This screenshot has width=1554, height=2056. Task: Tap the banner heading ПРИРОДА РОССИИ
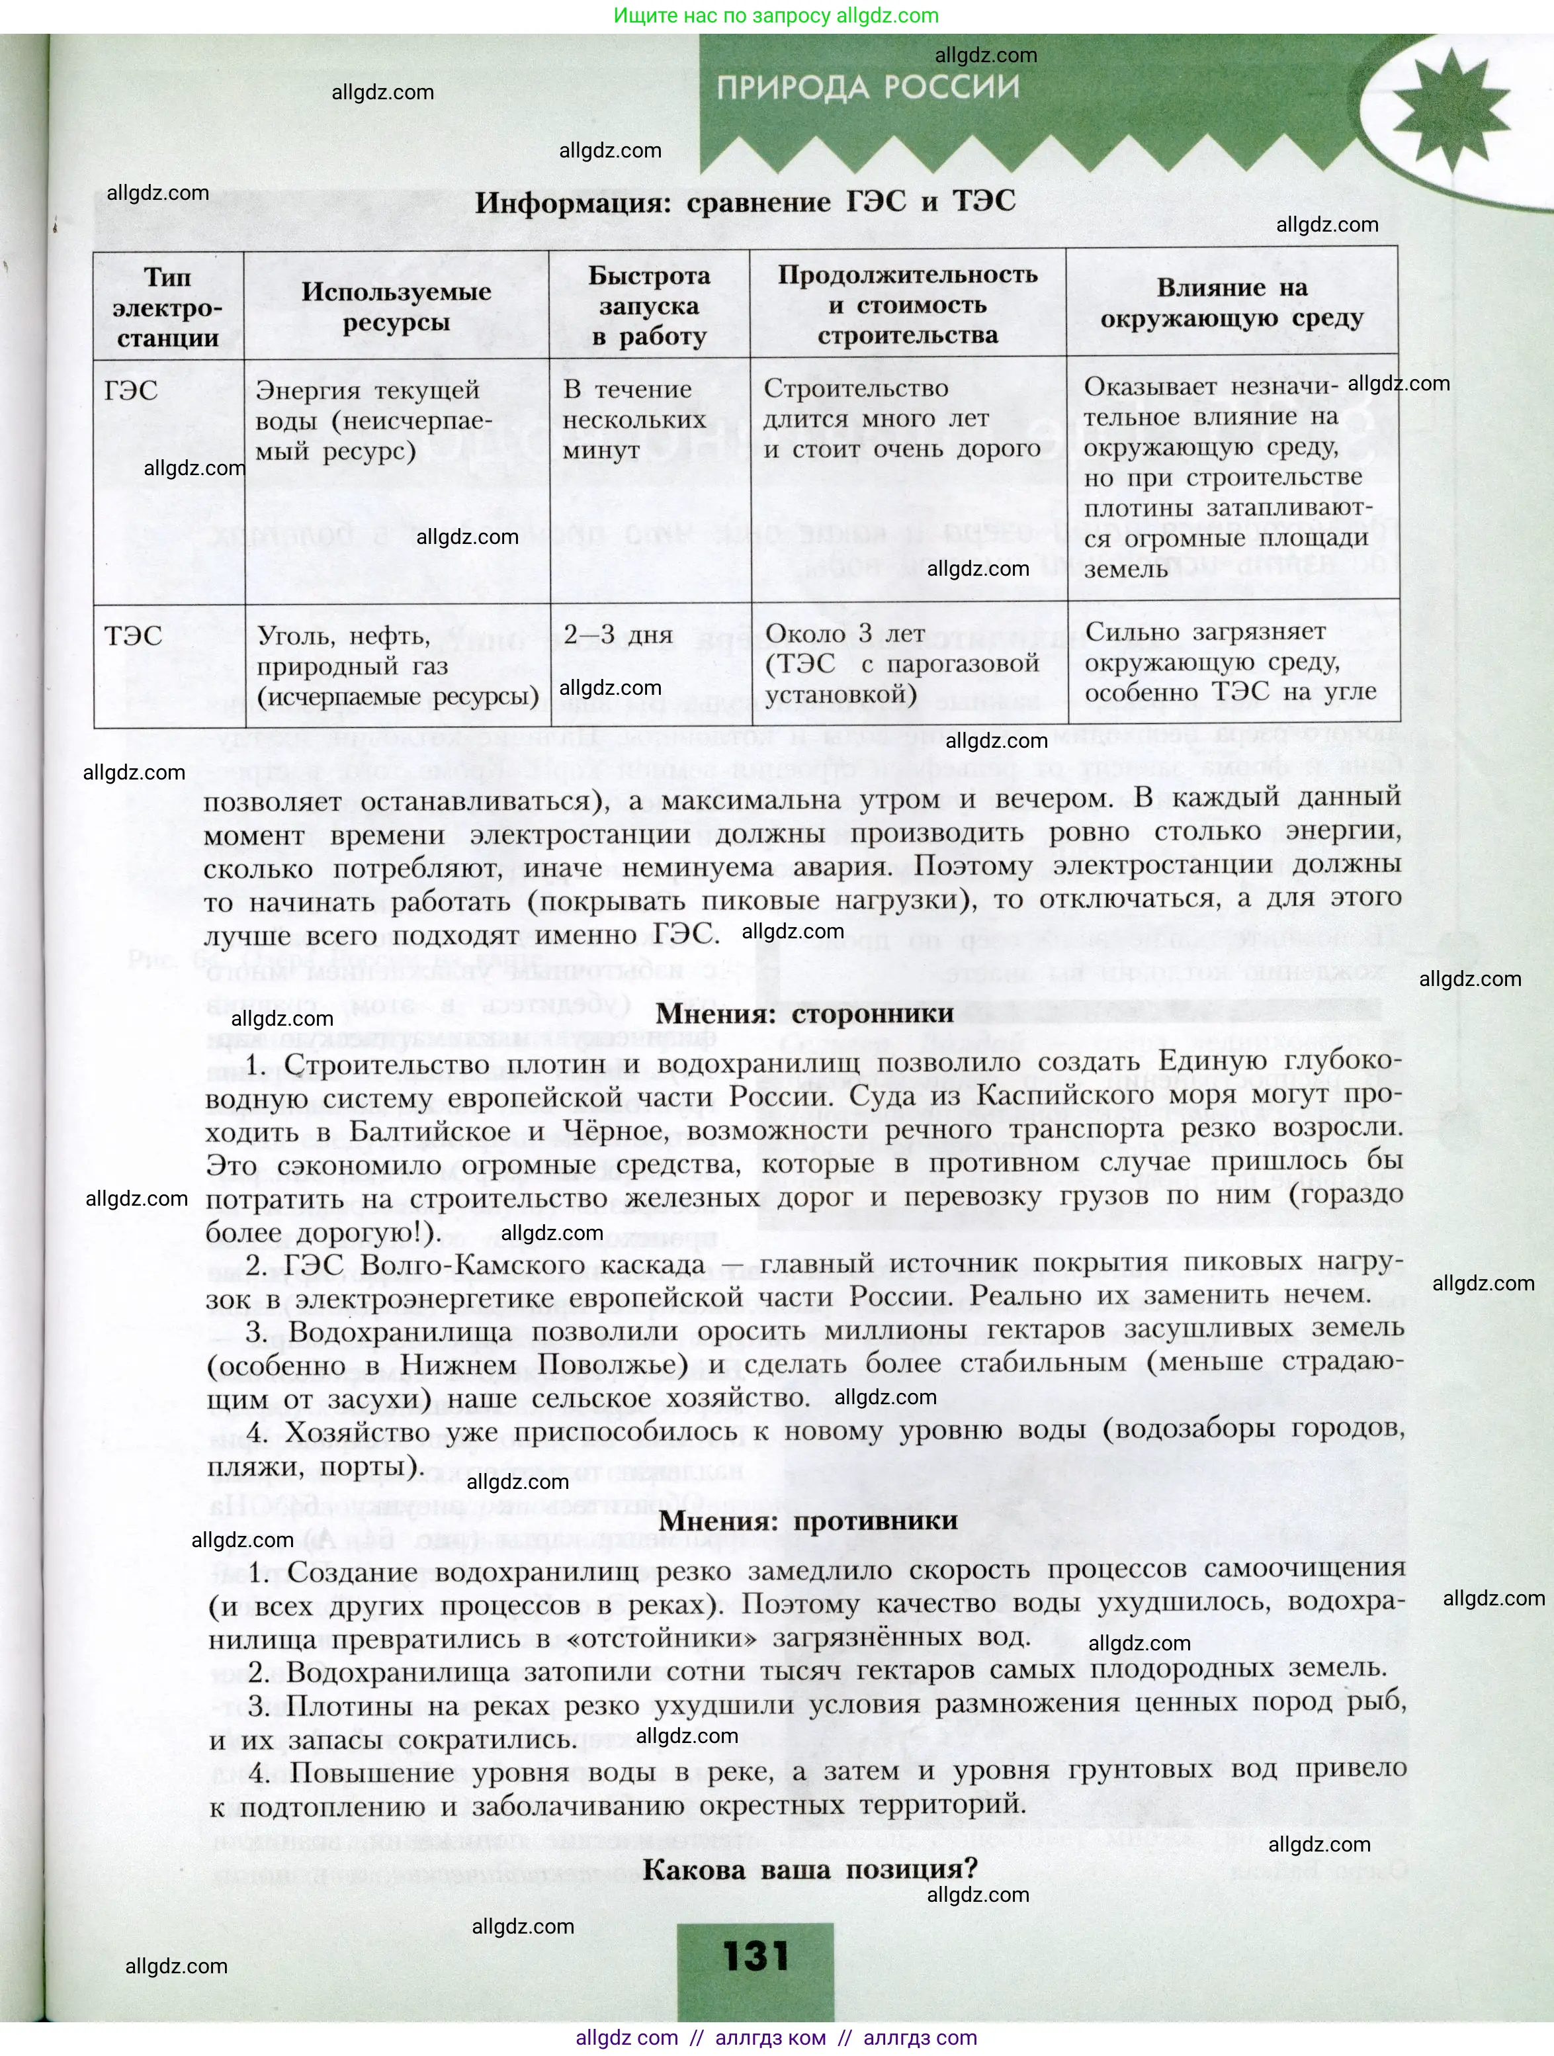868,87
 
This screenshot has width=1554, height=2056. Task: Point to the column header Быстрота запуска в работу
649,306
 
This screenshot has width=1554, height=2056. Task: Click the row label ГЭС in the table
132,390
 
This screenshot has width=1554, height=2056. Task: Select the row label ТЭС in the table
133,637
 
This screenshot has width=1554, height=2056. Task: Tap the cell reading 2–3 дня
618,635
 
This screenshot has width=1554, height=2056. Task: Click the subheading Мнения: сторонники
805,1014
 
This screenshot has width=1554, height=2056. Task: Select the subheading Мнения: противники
808,1521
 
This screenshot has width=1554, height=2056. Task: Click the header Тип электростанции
168,308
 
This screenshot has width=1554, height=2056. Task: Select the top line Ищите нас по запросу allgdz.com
776,16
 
